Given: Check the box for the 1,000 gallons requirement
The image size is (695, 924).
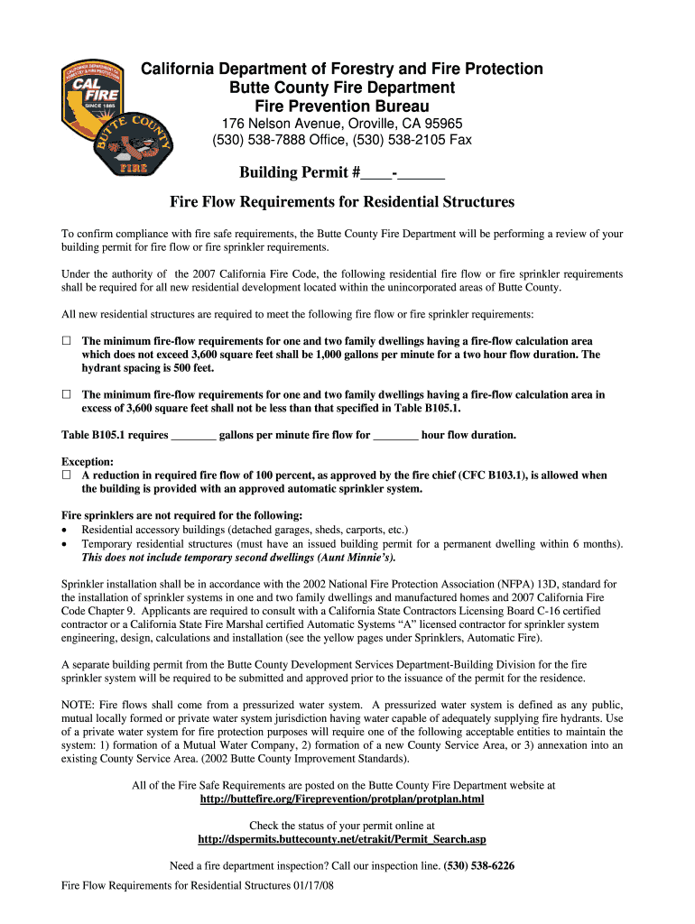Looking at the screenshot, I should (66, 341).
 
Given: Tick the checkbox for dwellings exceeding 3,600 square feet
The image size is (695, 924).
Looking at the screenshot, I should (66, 394).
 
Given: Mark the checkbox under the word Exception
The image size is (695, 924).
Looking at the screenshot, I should (66, 475).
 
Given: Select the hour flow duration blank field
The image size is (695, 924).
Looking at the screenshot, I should (395, 435).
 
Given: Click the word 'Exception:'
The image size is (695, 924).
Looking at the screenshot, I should (87, 461).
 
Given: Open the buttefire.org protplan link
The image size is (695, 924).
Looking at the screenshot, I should (341, 799).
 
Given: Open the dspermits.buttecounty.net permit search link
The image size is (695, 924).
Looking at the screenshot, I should (341, 839).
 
